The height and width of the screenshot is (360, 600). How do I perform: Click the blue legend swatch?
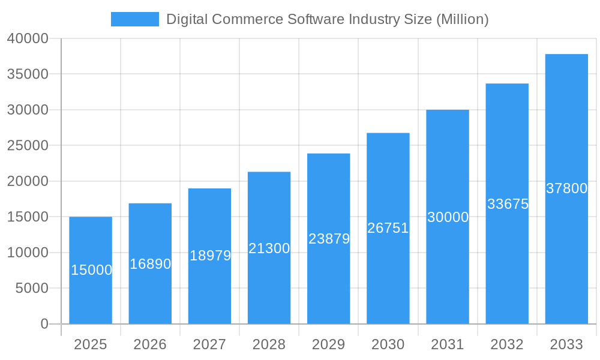click(135, 19)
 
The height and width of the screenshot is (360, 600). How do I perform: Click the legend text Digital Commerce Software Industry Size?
click(327, 19)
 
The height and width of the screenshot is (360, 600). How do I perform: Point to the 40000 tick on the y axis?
click(28, 38)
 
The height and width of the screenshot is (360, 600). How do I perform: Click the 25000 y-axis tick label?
click(28, 146)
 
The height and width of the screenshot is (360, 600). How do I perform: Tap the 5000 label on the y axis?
click(31, 289)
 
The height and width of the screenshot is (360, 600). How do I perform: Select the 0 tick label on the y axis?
click(44, 324)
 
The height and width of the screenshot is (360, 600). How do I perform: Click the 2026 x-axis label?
click(150, 344)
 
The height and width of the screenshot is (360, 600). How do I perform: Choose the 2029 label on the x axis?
click(328, 344)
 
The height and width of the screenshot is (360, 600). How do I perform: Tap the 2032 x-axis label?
click(507, 344)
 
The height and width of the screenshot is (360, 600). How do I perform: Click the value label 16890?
click(150, 264)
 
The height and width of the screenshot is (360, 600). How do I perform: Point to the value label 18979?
click(210, 256)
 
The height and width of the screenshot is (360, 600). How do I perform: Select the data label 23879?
click(329, 239)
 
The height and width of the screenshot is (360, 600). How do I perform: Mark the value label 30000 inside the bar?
click(448, 217)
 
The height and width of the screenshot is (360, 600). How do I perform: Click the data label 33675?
click(508, 204)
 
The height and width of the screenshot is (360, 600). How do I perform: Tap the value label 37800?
click(566, 188)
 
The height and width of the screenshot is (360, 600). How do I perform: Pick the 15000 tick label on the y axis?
click(28, 217)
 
